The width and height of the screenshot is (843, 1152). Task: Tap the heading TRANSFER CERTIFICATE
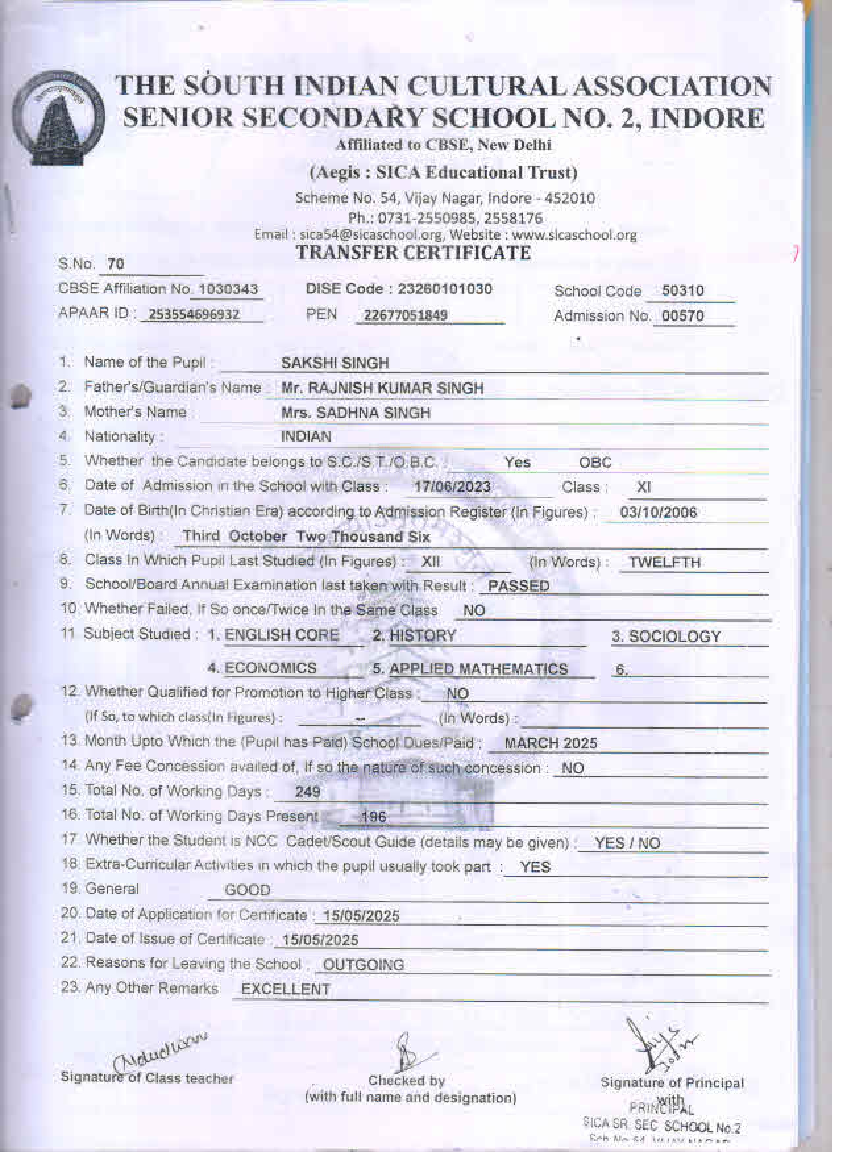[413, 253]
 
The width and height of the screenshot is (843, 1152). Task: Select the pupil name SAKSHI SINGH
[335, 363]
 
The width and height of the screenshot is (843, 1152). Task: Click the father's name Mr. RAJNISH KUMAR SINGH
[382, 388]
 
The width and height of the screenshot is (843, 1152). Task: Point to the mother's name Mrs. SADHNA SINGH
[356, 413]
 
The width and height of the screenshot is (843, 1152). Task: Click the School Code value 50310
[682, 291]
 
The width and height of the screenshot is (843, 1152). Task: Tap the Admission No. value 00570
[682, 316]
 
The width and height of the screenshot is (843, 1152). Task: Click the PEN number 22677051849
[405, 315]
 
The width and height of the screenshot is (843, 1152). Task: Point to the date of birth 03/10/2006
[658, 513]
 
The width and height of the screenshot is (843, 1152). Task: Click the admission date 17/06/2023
[452, 487]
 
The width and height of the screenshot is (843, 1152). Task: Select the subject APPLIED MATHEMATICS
[478, 669]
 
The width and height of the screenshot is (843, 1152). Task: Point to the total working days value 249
[308, 792]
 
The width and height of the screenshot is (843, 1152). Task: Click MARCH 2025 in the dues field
[551, 743]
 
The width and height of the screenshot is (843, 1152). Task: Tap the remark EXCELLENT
[285, 989]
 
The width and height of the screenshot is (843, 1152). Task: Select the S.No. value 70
[116, 265]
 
